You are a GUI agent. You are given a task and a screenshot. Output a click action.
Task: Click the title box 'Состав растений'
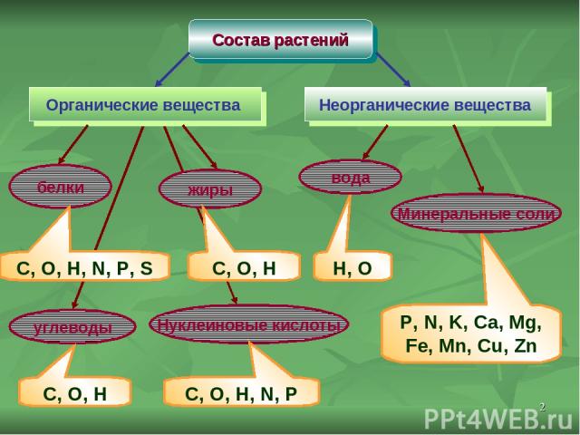click(x=280, y=40)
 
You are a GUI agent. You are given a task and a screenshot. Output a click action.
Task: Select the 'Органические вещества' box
click(x=144, y=105)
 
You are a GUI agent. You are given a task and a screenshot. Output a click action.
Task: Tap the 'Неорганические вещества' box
click(x=424, y=105)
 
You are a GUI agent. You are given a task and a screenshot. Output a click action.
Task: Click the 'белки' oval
click(x=61, y=187)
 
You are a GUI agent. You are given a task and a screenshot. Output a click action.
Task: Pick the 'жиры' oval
click(x=210, y=189)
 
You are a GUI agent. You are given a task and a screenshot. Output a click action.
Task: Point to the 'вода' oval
click(x=351, y=178)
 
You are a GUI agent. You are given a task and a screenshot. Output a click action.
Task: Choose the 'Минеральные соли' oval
click(x=476, y=213)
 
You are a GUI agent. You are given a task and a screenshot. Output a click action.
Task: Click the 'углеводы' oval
click(x=71, y=327)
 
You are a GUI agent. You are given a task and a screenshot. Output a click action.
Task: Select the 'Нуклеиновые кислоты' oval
click(x=248, y=324)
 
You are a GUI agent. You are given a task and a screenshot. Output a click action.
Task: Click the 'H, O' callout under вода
click(x=353, y=266)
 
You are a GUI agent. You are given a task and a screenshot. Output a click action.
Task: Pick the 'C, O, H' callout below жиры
click(x=243, y=266)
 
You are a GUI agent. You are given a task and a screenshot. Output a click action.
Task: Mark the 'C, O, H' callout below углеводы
click(x=75, y=392)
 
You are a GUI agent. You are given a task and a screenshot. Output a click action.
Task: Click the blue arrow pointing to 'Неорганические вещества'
click(x=392, y=69)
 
